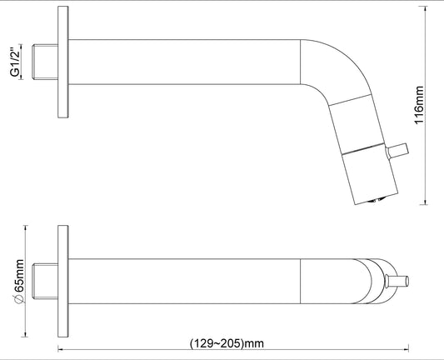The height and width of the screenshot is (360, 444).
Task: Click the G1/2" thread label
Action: (15, 62)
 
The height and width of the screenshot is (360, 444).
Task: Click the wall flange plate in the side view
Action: (62, 63)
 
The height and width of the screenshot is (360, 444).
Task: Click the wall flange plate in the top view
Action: (62, 278)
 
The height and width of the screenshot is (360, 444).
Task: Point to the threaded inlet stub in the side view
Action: (45, 62)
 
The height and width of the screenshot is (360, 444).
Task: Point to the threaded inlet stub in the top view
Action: (45, 278)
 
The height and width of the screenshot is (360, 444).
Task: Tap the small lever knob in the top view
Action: (399, 278)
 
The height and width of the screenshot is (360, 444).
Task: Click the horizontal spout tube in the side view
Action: (183, 62)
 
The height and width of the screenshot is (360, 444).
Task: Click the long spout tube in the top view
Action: (183, 278)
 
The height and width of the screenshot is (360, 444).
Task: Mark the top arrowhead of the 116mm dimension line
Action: (426, 12)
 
